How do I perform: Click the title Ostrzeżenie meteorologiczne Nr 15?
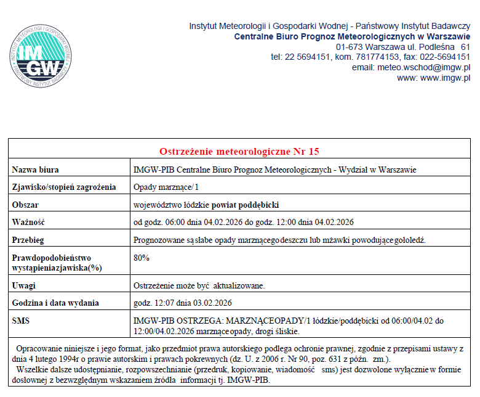(x=239, y=151)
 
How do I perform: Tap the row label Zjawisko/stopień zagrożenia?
(x=63, y=187)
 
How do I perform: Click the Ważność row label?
(x=29, y=221)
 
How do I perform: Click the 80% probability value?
(x=142, y=258)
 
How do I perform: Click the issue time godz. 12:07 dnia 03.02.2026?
(x=183, y=303)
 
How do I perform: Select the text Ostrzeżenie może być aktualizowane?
(x=199, y=285)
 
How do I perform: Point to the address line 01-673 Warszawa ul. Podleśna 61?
(x=403, y=47)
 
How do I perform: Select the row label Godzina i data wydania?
(x=55, y=303)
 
